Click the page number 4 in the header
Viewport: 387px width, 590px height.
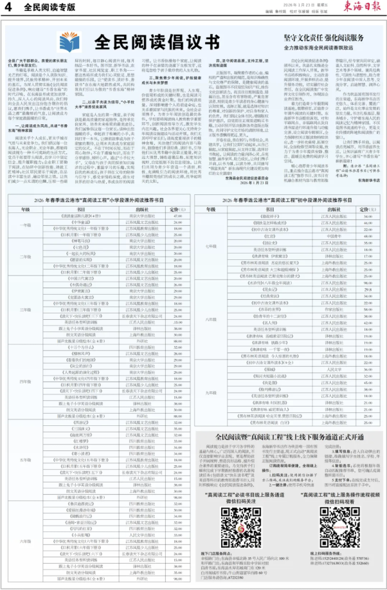8,8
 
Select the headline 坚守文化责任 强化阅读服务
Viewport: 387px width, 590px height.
319,38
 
